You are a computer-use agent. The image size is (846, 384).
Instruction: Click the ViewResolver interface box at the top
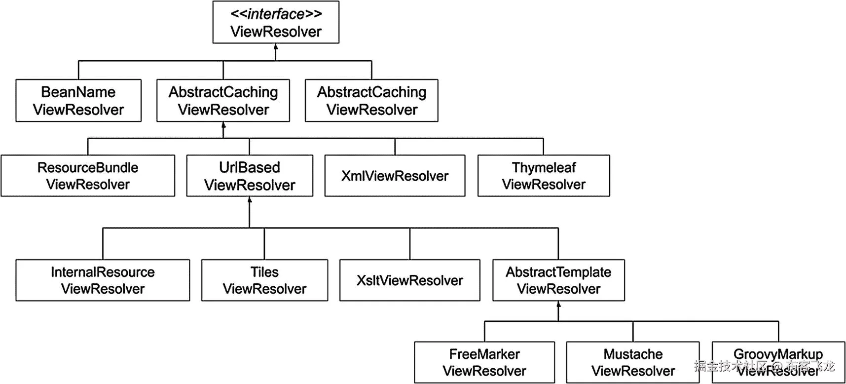pyautogui.click(x=276, y=22)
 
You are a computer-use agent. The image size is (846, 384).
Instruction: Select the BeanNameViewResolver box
pyautogui.click(x=78, y=101)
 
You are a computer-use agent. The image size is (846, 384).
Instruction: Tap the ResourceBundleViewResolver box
pyautogui.click(x=88, y=176)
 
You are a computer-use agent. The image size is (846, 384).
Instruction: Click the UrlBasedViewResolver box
pyautogui.click(x=250, y=176)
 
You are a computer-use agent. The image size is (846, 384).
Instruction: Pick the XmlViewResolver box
pyautogui.click(x=395, y=176)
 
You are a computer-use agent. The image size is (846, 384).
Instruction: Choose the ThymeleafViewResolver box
pyautogui.click(x=544, y=176)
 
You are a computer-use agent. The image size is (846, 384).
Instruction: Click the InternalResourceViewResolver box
pyautogui.click(x=103, y=280)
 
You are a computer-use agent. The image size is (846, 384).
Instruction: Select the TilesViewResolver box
pyautogui.click(x=264, y=280)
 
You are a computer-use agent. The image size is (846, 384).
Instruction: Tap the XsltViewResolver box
pyautogui.click(x=409, y=280)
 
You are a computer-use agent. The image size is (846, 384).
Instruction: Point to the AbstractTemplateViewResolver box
pyautogui.click(x=558, y=280)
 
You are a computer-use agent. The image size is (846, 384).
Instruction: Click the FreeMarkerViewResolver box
pyautogui.click(x=484, y=362)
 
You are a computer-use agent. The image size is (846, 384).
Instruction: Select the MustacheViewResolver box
pyautogui.click(x=633, y=362)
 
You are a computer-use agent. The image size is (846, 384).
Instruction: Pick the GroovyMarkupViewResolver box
pyautogui.click(x=778, y=362)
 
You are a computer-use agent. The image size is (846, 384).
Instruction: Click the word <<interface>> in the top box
pyautogui.click(x=276, y=14)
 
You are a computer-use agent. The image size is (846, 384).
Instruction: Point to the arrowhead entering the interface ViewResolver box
pyautogui.click(x=276, y=46)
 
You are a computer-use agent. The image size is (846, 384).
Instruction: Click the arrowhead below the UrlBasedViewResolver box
pyautogui.click(x=250, y=200)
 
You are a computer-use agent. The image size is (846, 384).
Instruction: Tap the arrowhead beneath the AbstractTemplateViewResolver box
pyautogui.click(x=558, y=305)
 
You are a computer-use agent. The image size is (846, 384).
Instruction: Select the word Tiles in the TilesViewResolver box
pyautogui.click(x=264, y=272)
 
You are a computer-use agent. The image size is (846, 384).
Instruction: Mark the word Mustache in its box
pyautogui.click(x=633, y=354)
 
